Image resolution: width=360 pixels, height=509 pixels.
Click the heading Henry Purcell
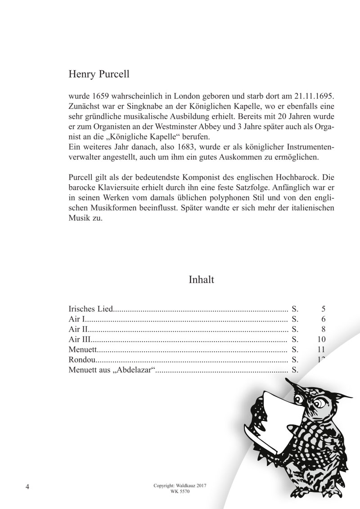coord(99,74)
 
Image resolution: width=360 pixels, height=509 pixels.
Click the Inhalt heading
coord(201,280)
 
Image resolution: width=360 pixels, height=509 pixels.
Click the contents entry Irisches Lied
coord(90,309)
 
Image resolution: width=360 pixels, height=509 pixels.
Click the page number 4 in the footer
coord(28,487)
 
